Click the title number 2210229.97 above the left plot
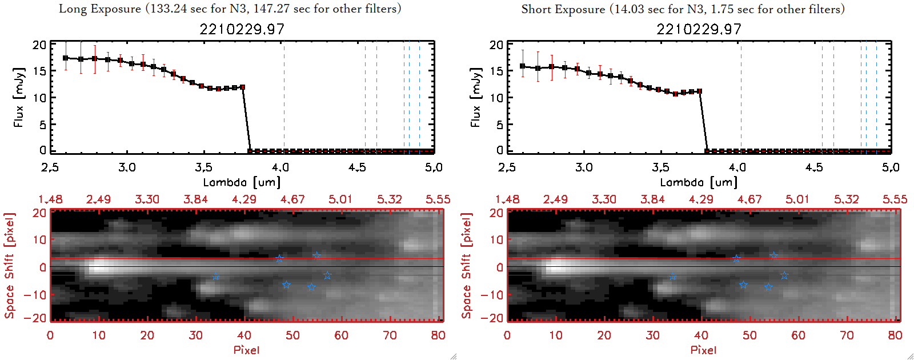pyautogui.click(x=242, y=29)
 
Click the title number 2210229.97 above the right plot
pyautogui.click(x=699, y=29)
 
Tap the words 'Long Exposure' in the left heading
pyautogui.click(x=100, y=9)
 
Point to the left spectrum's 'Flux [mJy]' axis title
pyautogui.click(x=19, y=97)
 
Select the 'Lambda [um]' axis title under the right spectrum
pyautogui.click(x=699, y=182)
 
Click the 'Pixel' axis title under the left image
pyautogui.click(x=246, y=350)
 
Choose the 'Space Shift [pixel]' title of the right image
pyautogui.click(x=467, y=266)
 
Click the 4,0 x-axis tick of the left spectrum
pyautogui.click(x=280, y=167)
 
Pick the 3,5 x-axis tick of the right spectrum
pyautogui.click(x=661, y=167)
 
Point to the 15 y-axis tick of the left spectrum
pyautogui.click(x=39, y=71)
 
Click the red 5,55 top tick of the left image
pyautogui.click(x=438, y=199)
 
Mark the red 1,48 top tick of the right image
pyautogui.click(x=507, y=199)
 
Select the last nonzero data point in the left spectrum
pyautogui.click(x=243, y=87)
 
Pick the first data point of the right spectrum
pyautogui.click(x=523, y=66)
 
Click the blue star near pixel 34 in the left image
pyautogui.click(x=215, y=277)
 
